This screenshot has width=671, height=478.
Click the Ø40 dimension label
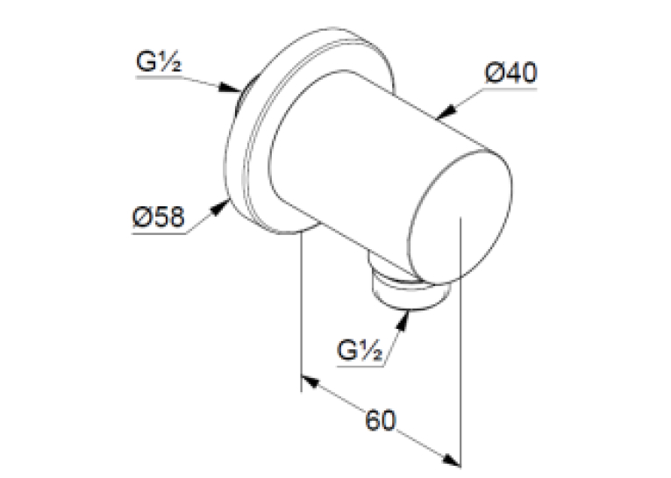click(510, 73)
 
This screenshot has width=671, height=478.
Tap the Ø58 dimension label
click(159, 217)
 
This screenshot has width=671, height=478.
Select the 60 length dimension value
click(381, 420)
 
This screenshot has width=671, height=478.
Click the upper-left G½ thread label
click(159, 61)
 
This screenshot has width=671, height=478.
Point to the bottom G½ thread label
click(360, 350)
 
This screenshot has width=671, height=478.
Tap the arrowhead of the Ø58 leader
click(220, 209)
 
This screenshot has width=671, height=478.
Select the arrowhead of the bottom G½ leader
click(403, 320)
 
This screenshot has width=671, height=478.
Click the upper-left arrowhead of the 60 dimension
click(311, 382)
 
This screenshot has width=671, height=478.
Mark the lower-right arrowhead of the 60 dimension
click(451, 460)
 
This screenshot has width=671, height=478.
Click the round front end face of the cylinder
click(460, 218)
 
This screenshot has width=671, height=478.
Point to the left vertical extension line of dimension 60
click(302, 311)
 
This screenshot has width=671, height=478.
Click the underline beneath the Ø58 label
click(159, 233)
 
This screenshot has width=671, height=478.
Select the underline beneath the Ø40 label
click(510, 89)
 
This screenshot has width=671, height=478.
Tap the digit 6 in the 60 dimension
click(372, 420)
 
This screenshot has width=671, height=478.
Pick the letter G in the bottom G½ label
click(346, 350)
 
